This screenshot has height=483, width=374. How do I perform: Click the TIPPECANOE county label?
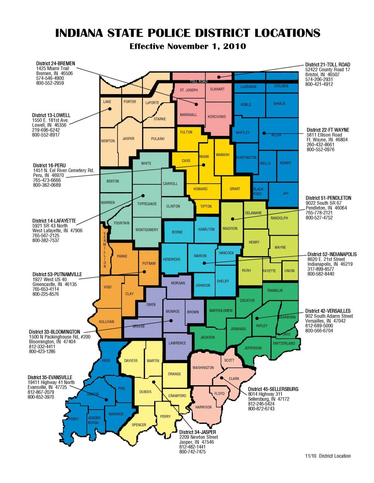tap(147, 204)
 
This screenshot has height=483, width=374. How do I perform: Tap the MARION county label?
tap(200, 256)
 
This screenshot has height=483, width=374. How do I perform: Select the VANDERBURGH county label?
tap(93, 420)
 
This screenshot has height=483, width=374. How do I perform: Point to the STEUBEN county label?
tap(281, 86)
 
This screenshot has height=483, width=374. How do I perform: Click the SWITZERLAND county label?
tap(284, 343)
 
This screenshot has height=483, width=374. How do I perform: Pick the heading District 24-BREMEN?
tap(55, 63)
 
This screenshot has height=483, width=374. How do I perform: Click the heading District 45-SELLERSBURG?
tap(273, 389)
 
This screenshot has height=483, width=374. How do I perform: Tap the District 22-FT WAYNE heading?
tap(328, 130)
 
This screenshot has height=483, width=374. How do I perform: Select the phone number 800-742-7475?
tap(192, 452)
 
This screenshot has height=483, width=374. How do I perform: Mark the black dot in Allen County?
tap(264, 133)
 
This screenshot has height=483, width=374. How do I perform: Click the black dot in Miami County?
tap(204, 165)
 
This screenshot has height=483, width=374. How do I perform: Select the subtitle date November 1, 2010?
tap(206, 46)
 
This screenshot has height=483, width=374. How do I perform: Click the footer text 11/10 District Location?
tap(328, 456)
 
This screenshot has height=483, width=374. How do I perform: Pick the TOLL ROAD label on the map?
tap(198, 81)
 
